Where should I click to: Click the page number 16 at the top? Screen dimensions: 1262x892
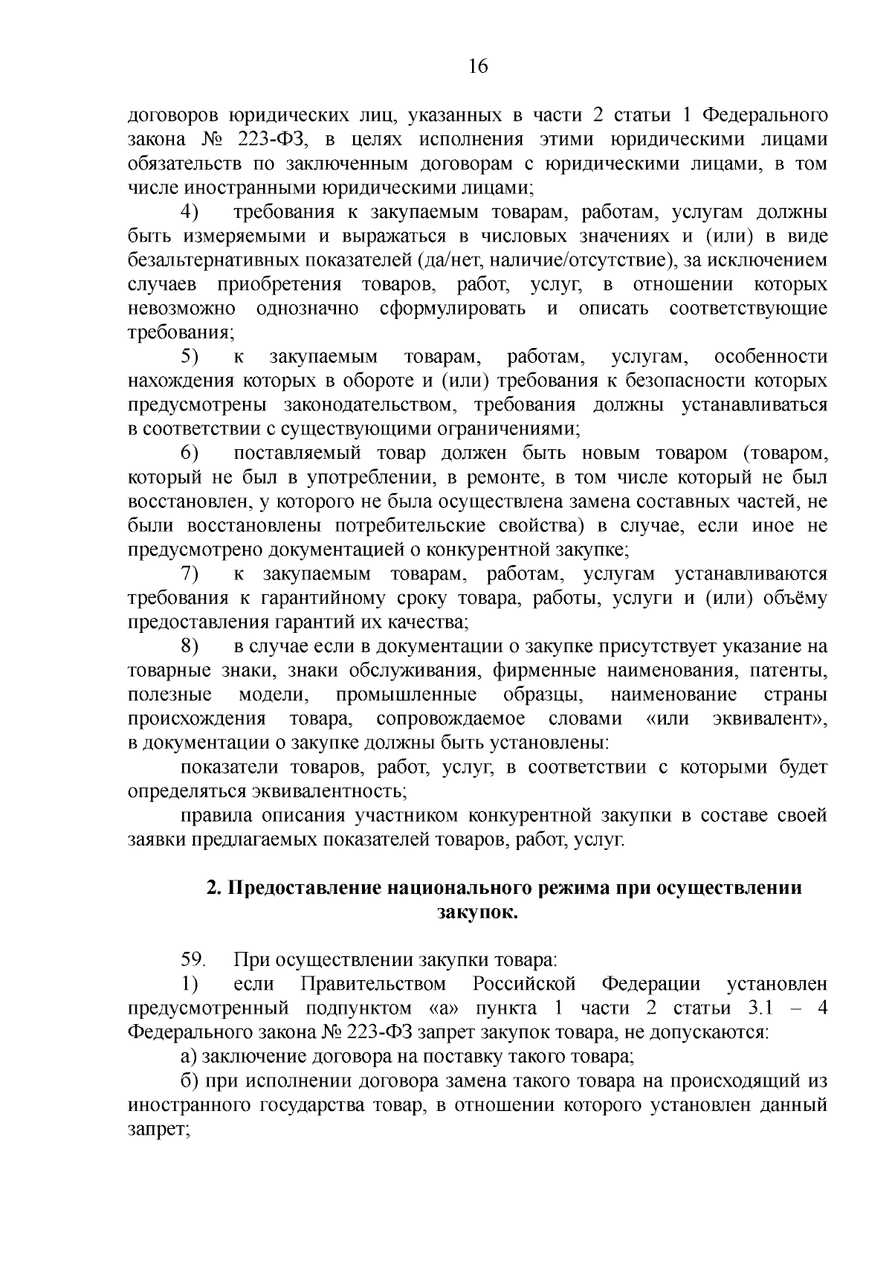point(478,67)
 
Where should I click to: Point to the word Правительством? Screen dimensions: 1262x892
point(373,985)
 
